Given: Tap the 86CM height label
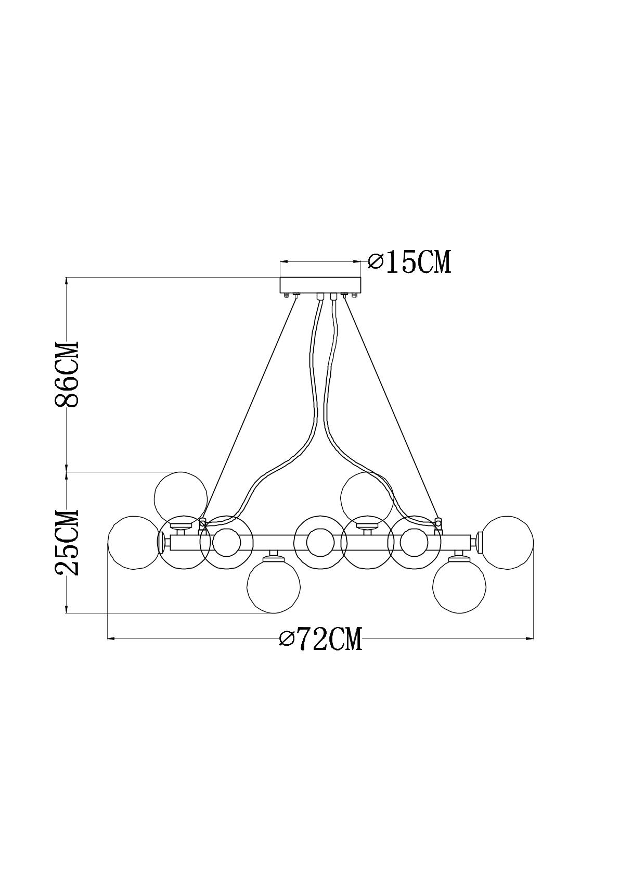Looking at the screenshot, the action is [67, 374].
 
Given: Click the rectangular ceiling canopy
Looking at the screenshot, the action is [320, 285].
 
